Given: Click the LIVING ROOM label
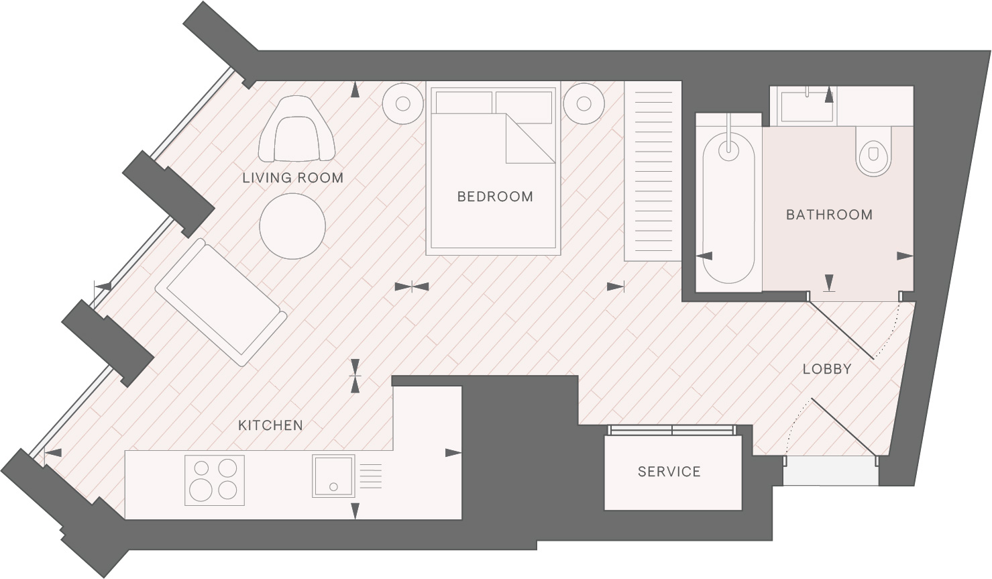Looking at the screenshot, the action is (292, 178).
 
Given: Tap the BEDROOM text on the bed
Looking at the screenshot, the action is (495, 197).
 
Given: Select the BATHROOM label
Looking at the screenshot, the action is (830, 215).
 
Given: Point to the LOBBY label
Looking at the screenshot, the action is (827, 369).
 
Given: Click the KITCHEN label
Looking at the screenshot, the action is (270, 426).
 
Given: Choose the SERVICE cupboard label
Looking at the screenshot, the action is (669, 472).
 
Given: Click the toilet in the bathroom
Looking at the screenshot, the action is (873, 151).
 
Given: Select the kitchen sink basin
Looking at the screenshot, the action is (333, 476).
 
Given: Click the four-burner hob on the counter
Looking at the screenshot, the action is (215, 480).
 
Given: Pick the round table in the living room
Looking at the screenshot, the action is (292, 226).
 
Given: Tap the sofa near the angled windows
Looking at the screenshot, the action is (221, 302).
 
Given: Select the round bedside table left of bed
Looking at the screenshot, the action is (402, 104).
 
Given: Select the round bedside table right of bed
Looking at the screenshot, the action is (584, 104).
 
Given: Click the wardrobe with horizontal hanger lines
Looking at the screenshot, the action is (653, 171).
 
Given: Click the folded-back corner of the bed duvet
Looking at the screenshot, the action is (530, 138).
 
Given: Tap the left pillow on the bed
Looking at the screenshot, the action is (463, 103).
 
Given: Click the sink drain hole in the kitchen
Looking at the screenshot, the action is (333, 487).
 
